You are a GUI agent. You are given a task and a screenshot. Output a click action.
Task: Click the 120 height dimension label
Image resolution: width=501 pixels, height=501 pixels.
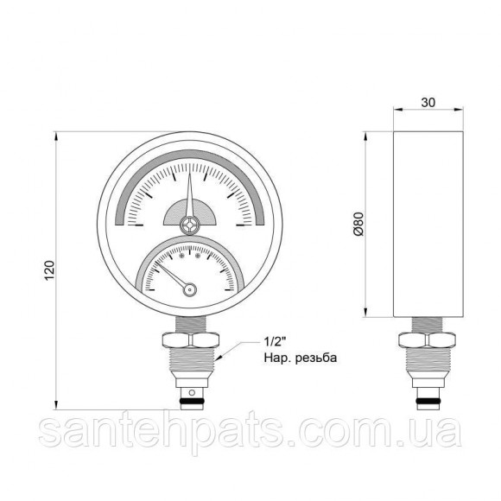(x=49, y=271)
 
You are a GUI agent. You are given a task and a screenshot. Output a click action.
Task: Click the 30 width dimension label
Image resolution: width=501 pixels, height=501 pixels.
(x=428, y=103)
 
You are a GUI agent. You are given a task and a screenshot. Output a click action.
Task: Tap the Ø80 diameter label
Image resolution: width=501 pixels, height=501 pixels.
(x=358, y=224)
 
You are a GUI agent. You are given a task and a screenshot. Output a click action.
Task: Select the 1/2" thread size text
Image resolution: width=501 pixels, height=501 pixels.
(x=274, y=342)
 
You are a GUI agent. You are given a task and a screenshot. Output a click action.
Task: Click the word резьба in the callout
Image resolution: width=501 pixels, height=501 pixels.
(x=315, y=358)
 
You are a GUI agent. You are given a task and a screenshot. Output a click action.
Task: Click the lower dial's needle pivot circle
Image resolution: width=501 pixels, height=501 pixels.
(x=189, y=289)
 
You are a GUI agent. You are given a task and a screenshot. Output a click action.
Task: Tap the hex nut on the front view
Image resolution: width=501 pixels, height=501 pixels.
(x=191, y=340)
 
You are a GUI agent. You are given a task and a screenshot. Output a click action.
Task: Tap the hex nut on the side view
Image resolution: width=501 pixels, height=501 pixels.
(x=428, y=340)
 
